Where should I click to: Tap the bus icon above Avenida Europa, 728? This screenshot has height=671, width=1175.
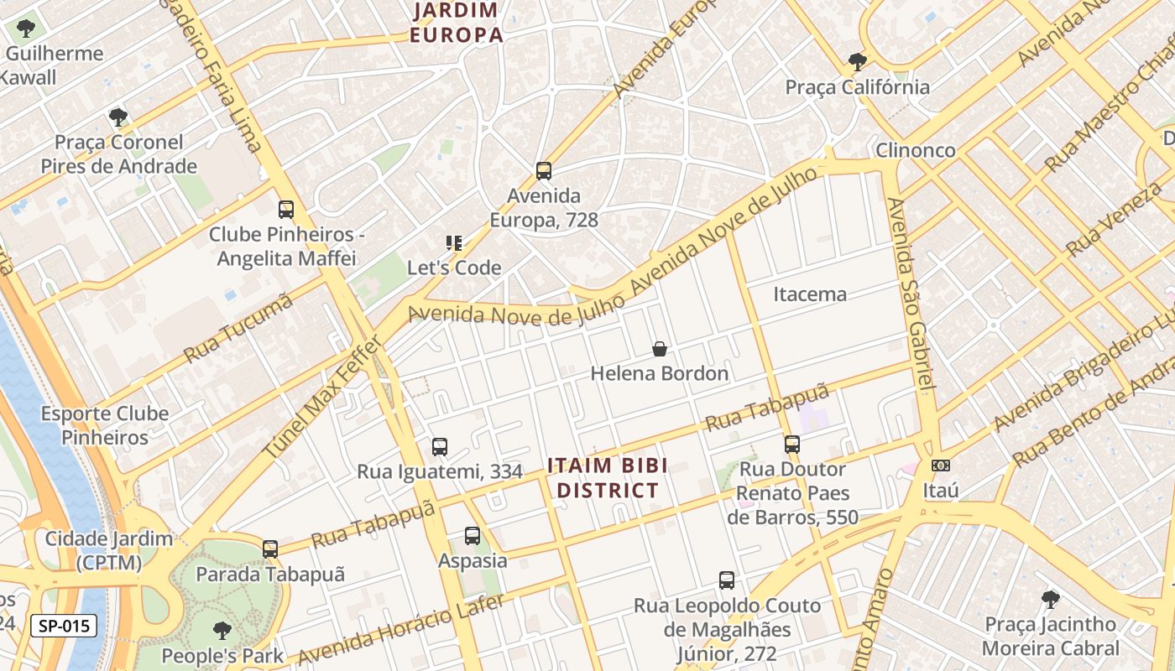[x=544, y=171]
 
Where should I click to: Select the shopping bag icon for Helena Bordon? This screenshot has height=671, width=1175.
[x=660, y=349]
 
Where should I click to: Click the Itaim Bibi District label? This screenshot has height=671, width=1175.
[x=608, y=478]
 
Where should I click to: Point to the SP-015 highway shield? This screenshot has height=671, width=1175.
[x=64, y=626]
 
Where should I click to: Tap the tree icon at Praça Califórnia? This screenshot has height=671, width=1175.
[x=857, y=62]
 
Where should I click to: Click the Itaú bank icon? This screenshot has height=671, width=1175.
[x=940, y=466]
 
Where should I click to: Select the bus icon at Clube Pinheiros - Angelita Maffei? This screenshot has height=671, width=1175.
[x=286, y=210]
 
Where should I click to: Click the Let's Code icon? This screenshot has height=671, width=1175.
[x=454, y=244]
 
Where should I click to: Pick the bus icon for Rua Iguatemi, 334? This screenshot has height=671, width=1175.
[x=440, y=447]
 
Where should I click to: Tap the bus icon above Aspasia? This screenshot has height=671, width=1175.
[x=473, y=535]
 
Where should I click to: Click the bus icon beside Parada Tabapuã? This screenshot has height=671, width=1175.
[x=269, y=549]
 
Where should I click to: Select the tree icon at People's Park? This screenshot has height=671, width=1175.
[x=222, y=630]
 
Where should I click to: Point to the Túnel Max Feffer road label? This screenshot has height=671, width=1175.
[x=322, y=397]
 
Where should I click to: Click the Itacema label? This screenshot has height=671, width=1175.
[x=809, y=294]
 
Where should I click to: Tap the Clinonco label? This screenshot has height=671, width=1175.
[x=915, y=151]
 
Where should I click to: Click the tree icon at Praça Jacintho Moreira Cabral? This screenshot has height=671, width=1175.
[x=1050, y=600]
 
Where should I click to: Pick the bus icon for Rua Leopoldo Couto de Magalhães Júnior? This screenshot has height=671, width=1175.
[x=727, y=580]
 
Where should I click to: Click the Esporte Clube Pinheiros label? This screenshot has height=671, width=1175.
[x=105, y=425]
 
